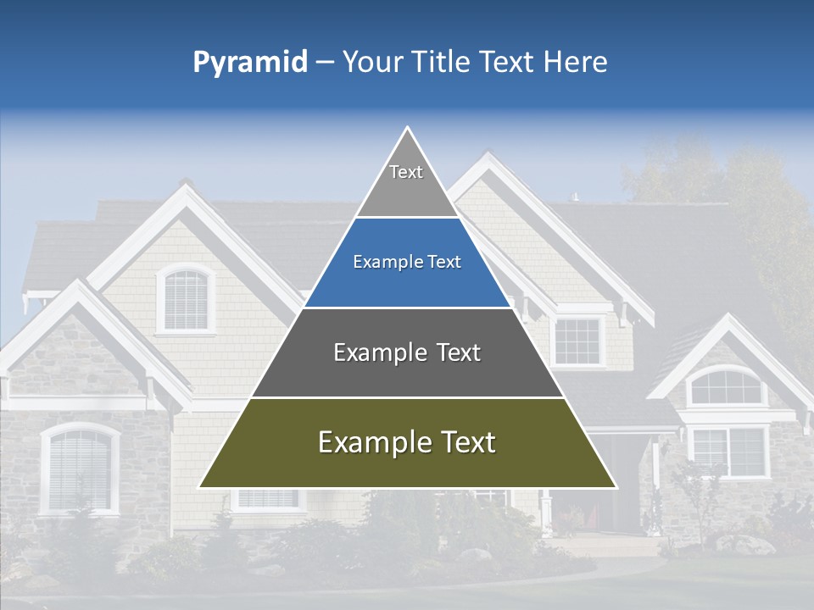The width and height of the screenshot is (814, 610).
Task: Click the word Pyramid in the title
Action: click(250, 63)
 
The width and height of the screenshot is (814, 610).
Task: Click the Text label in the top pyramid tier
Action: click(406, 172)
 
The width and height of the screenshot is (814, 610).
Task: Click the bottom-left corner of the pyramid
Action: click(200, 487)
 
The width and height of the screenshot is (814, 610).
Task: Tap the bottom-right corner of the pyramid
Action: click(616, 487)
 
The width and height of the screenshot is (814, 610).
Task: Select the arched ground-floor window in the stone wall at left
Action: click(80, 469)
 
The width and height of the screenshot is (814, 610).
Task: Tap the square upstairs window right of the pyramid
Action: click(577, 341)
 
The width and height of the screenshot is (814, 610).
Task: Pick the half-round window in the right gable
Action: click(725, 387)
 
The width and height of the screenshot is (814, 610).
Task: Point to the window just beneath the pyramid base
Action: click(267, 499)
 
